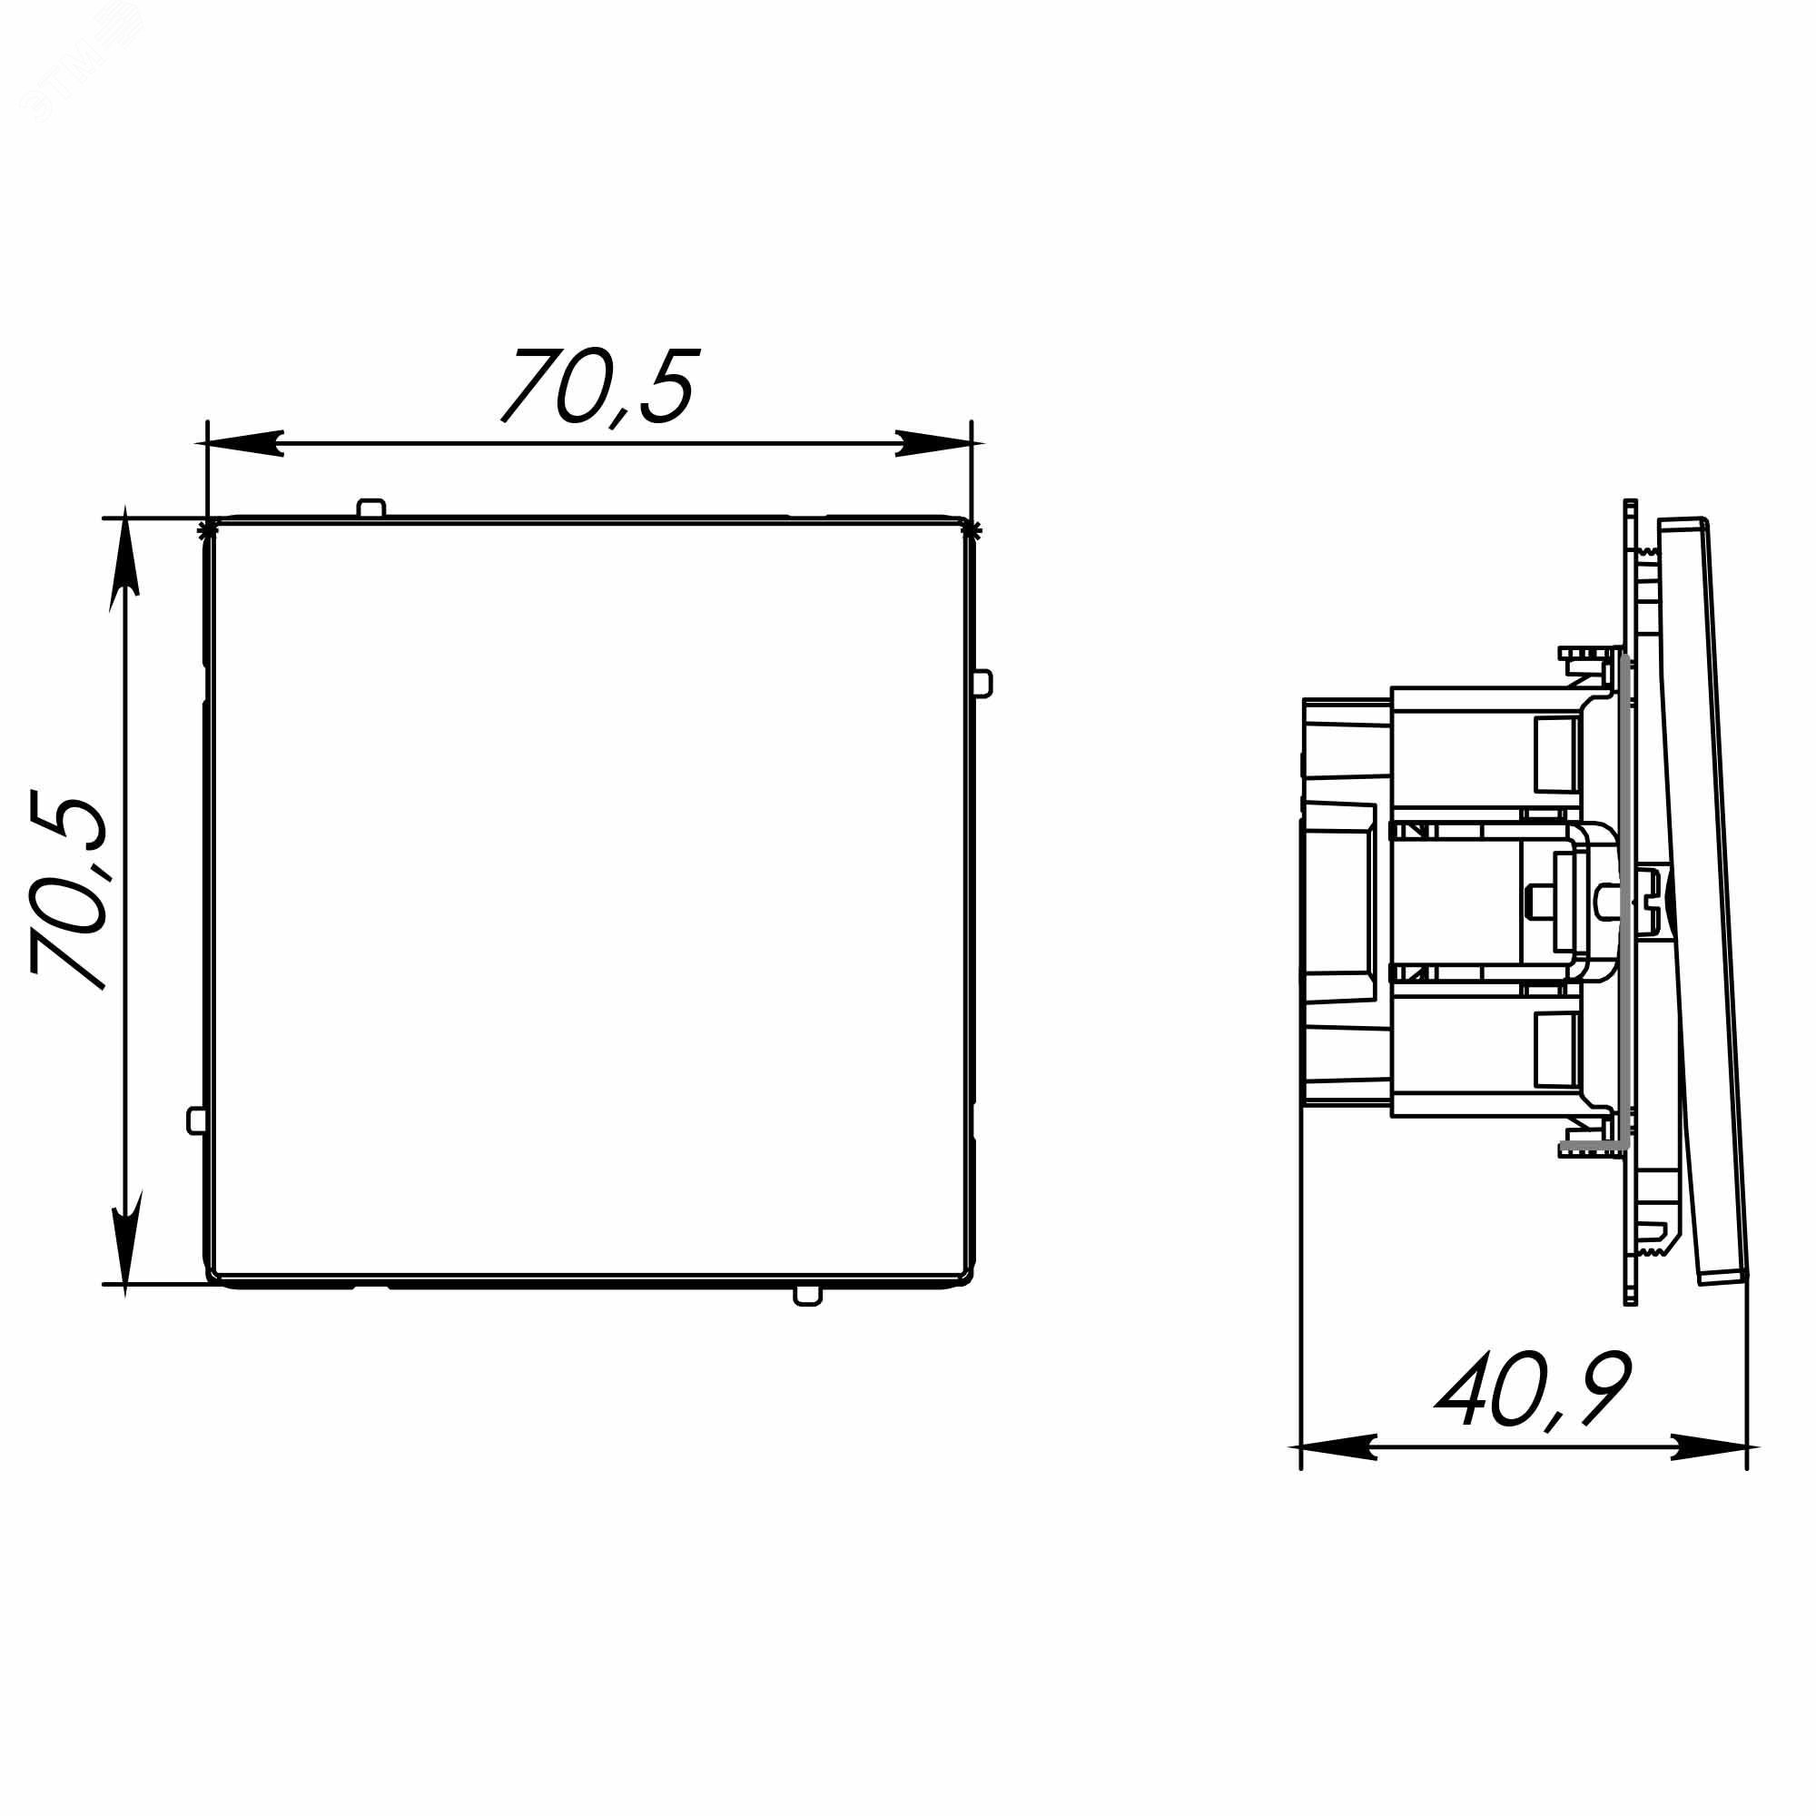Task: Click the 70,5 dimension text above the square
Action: (x=600, y=386)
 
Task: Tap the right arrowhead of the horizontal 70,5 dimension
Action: (x=933, y=444)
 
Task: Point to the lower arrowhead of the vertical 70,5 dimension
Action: (x=125, y=1243)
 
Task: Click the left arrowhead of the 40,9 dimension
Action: (x=1338, y=1473)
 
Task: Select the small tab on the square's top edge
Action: (x=371, y=508)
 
